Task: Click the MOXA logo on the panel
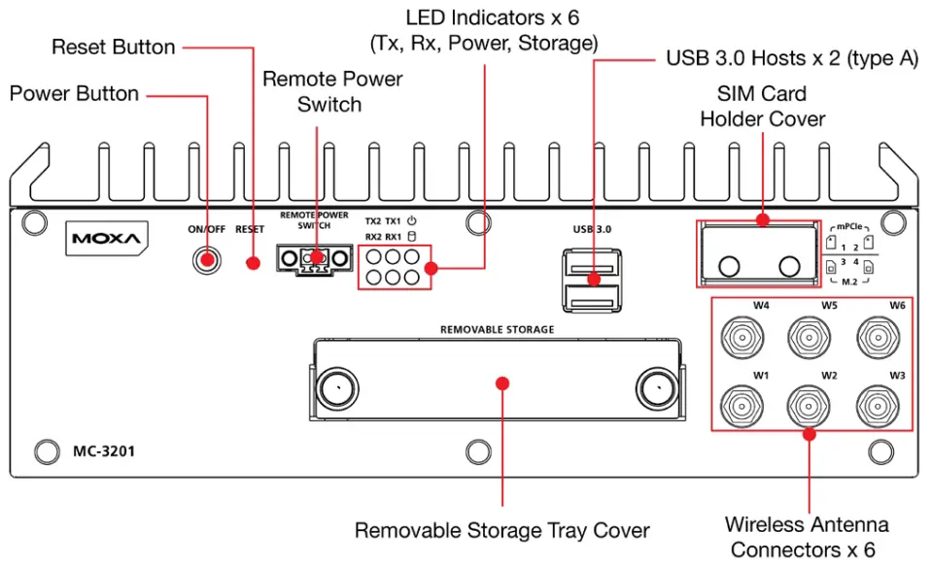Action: coord(107,239)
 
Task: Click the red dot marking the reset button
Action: coord(253,263)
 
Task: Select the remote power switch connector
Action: coord(314,259)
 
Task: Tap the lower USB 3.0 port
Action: coord(592,298)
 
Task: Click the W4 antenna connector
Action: coord(742,338)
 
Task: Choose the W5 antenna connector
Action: coord(810,338)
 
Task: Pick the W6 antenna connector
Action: coord(878,338)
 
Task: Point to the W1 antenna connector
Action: coord(742,406)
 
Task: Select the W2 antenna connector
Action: coord(810,406)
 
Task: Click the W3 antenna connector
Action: coord(878,406)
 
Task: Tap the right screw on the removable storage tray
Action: coord(657,389)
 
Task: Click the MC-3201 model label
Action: coord(104,451)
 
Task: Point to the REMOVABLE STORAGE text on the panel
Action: coord(497,329)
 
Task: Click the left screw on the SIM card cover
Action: coord(729,266)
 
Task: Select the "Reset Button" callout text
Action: coord(114,47)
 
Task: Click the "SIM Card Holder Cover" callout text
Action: coord(762,106)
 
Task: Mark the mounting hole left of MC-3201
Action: coord(47,451)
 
